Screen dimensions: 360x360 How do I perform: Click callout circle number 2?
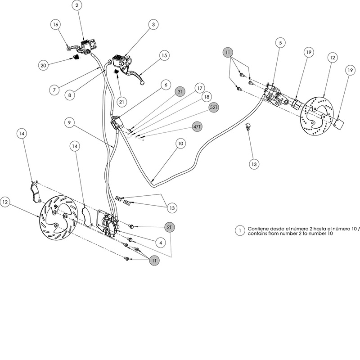tap(77, 6)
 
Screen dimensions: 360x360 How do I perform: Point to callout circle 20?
tap(43, 65)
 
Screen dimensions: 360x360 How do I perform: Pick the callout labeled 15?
tap(164, 55)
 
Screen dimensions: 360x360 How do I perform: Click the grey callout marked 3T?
tap(180, 91)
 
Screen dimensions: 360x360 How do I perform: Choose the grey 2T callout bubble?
tap(169, 228)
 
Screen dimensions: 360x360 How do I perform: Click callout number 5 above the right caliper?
tap(281, 43)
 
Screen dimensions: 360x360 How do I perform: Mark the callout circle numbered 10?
tap(180, 144)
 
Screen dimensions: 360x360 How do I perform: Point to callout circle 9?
tap(68, 122)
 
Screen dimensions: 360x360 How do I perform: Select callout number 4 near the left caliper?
tap(158, 242)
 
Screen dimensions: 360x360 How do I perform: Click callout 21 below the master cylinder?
tap(121, 102)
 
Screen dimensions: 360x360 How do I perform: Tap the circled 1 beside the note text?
tap(241, 230)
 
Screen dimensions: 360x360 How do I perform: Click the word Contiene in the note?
tap(260, 228)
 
